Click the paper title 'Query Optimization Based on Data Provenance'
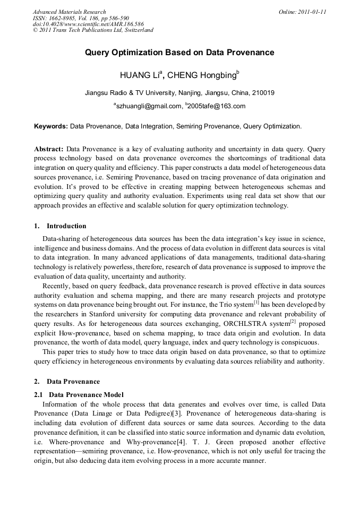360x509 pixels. tap(179, 53)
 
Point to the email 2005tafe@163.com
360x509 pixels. tap(217, 106)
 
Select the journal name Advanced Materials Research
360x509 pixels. tap(69, 12)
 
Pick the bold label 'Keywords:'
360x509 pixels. tap(51, 127)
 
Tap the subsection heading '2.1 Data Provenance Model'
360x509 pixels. tap(79, 394)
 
